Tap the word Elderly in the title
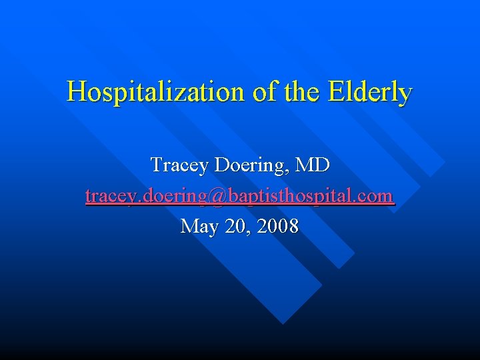370,92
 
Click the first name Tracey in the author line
179,165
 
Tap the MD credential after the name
313,164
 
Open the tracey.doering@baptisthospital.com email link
240,196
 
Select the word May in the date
199,227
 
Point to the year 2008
276,227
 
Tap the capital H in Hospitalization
75,91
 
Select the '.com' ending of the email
375,196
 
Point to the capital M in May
189,227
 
